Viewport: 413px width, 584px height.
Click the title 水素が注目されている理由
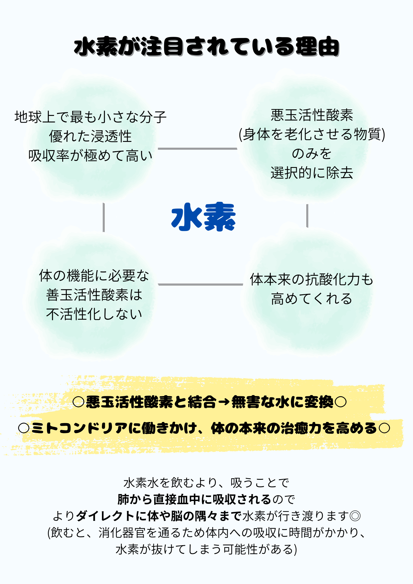[206, 46]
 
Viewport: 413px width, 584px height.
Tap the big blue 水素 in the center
[204, 217]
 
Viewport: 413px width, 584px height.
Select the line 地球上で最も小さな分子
[91, 117]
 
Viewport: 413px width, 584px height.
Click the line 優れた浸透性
[91, 136]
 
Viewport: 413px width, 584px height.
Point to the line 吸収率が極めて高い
[91, 156]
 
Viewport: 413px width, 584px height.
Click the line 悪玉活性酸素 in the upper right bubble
[312, 115]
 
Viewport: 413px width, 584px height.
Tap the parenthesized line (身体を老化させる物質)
[312, 134]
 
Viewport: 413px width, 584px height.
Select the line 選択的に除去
[312, 173]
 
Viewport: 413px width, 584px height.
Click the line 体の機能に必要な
[94, 276]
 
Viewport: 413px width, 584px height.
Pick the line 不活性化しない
[94, 314]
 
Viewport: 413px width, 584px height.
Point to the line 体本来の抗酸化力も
[312, 279]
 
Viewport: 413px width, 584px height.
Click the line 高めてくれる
[312, 299]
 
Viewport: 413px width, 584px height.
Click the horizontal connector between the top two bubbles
[197, 149]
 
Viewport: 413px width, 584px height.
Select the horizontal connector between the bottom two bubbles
[200, 284]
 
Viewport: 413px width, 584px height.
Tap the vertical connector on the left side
[104, 218]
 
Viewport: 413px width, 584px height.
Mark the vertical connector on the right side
[307, 216]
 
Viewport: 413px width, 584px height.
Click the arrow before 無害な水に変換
[224, 402]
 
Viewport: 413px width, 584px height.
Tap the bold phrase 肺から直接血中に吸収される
[194, 500]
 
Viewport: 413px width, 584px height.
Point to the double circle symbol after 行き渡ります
[355, 516]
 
